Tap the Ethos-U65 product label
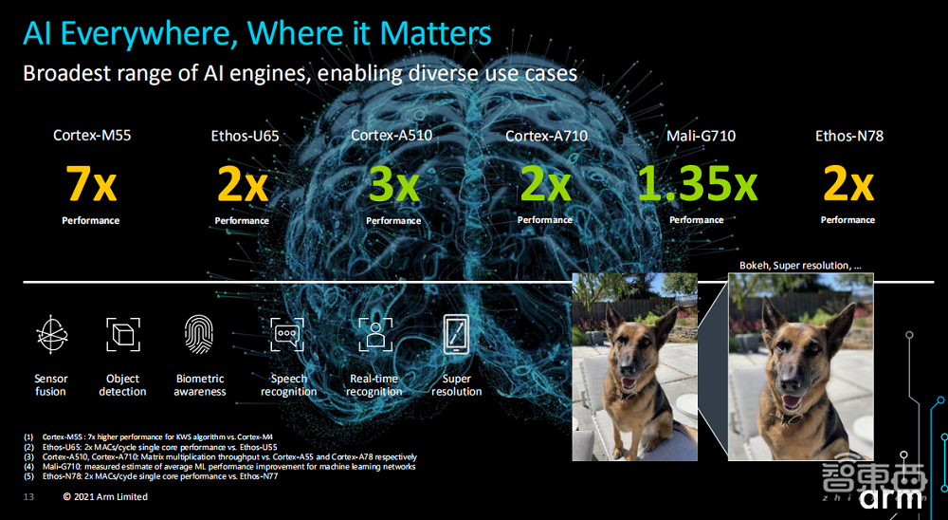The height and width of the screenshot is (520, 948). pyautogui.click(x=245, y=137)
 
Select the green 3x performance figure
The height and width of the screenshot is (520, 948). pyautogui.click(x=394, y=185)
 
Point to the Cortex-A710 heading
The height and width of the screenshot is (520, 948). pyautogui.click(x=547, y=136)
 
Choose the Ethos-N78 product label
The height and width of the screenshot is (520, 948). pyautogui.click(x=848, y=136)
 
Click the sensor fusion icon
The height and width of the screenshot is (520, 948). pyautogui.click(x=51, y=334)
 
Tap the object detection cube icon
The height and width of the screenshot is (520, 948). pyautogui.click(x=122, y=334)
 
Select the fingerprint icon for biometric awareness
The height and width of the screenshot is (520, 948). pyautogui.click(x=199, y=334)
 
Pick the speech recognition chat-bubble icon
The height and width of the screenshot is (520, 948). pyautogui.click(x=287, y=334)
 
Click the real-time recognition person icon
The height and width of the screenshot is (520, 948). pyautogui.click(x=375, y=334)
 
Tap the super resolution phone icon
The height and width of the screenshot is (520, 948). pyautogui.click(x=457, y=334)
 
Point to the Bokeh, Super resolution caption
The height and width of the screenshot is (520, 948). pyautogui.click(x=800, y=265)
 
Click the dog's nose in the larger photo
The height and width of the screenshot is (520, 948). pyautogui.click(x=789, y=381)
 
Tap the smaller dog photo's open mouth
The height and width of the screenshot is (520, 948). pyautogui.click(x=629, y=383)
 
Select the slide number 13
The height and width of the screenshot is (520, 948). pyautogui.click(x=28, y=497)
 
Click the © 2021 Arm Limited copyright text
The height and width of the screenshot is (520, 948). pyautogui.click(x=105, y=497)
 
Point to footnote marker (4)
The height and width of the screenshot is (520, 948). pyautogui.click(x=29, y=467)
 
